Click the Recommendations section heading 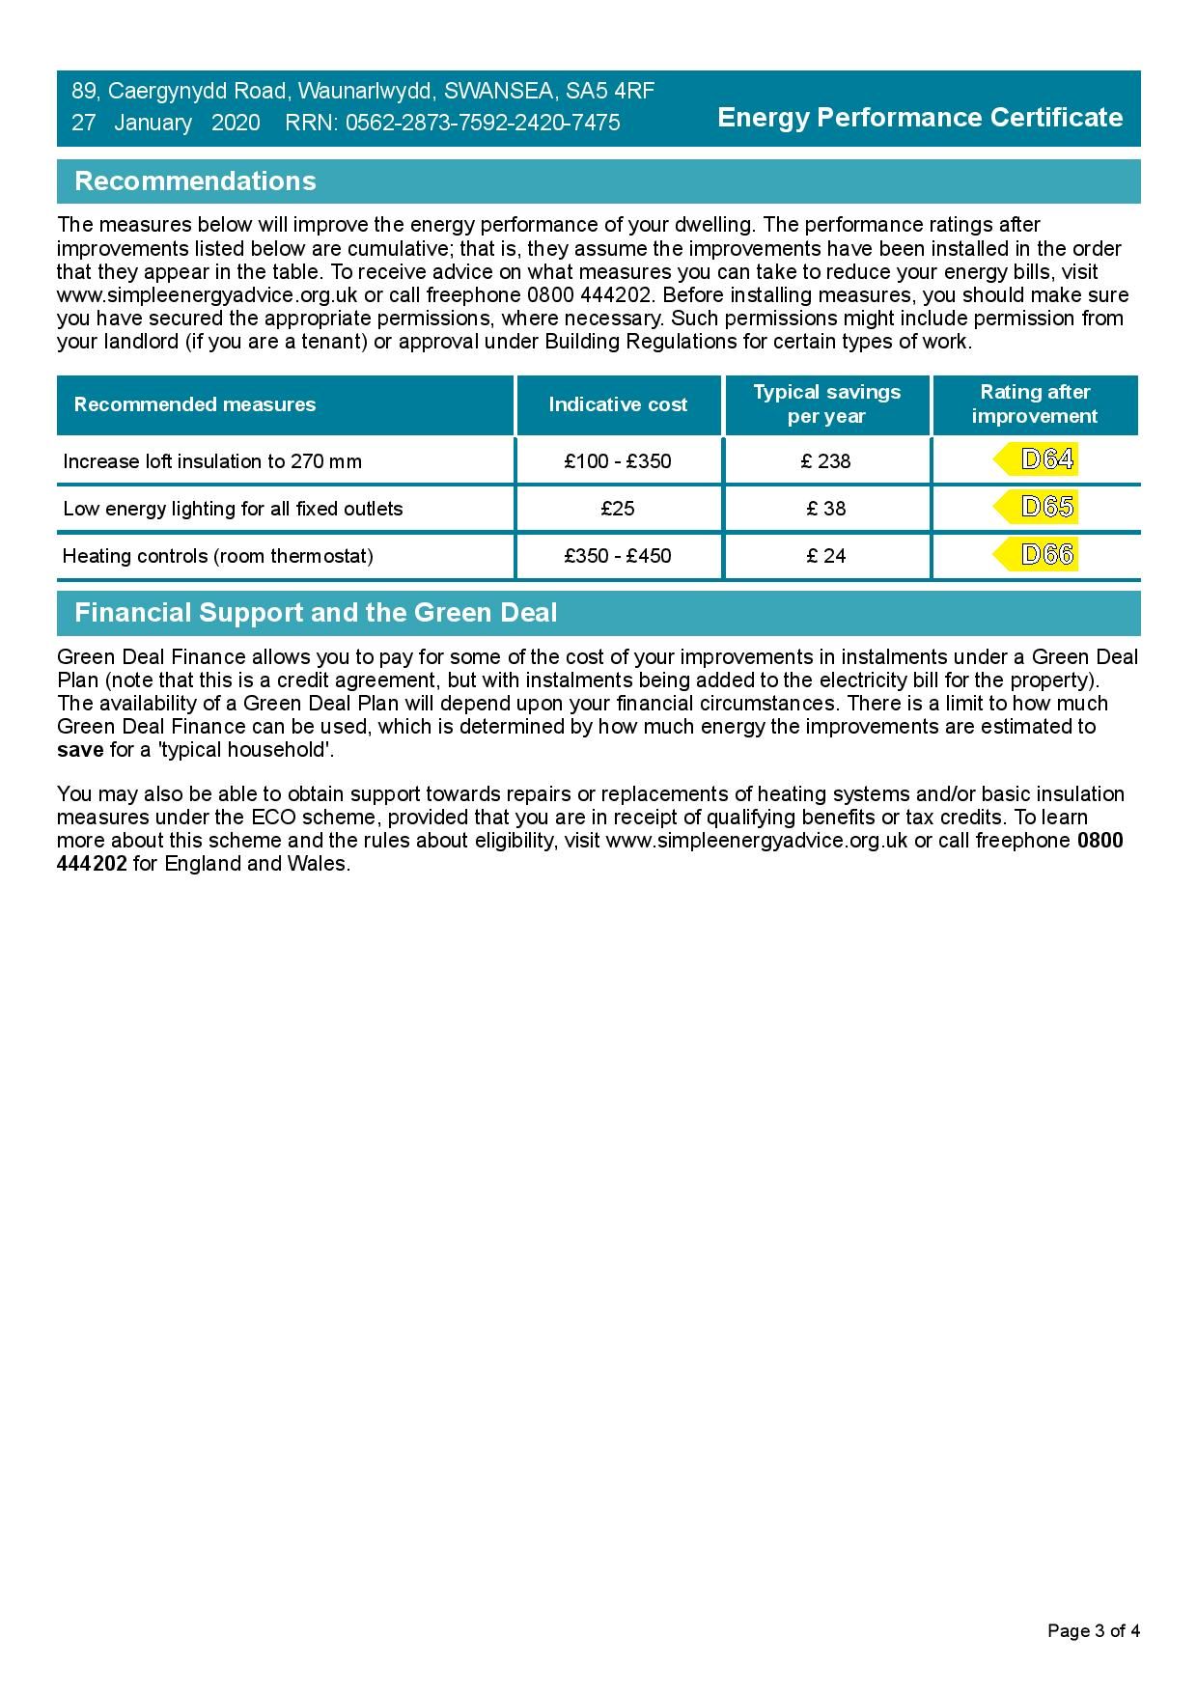pos(195,181)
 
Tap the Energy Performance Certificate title pos(920,118)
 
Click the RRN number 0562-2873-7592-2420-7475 pos(483,123)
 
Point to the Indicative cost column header pos(618,404)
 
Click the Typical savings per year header pos(826,404)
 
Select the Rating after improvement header pos(1034,404)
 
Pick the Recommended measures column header pos(195,404)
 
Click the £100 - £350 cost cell pos(618,461)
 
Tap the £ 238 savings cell pos(826,461)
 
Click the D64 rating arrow pos(1037,460)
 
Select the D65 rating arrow pos(1037,508)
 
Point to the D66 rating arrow pos(1037,555)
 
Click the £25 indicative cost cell pos(618,509)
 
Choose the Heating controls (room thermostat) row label pos(218,556)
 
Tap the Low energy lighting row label pos(233,509)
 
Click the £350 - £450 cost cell pos(618,556)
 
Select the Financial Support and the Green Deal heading pos(316,613)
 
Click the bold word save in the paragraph pos(80,750)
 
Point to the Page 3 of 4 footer pos(1094,1631)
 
